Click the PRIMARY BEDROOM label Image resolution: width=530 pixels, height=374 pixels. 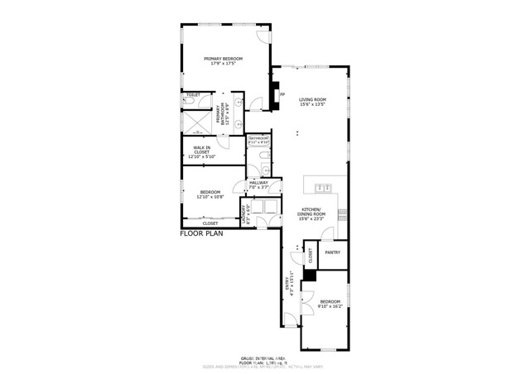pos(226,57)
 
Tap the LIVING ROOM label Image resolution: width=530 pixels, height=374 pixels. pos(313,99)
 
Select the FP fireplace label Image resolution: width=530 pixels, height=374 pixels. pos(282,94)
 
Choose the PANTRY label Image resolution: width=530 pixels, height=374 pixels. pos(333,252)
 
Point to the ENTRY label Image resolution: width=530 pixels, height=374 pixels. pos(291,283)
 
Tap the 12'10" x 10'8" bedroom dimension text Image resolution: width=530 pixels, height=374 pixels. pos(210,197)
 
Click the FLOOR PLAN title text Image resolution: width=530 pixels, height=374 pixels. pos(203,234)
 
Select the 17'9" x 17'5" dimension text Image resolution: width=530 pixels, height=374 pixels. pos(226,63)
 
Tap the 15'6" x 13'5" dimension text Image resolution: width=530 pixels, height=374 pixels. pos(313,105)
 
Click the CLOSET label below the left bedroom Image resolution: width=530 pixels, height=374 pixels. pos(210,223)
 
